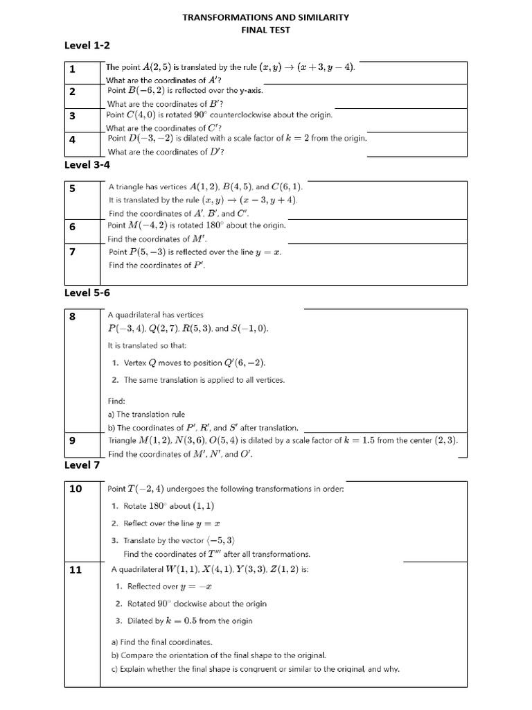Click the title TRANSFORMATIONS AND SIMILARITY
[x=265, y=17]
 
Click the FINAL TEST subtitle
[x=265, y=31]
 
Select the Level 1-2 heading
[x=87, y=46]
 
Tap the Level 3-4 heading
[x=87, y=165]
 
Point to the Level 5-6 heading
[x=87, y=293]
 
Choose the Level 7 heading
[x=82, y=465]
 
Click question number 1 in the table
[x=72, y=69]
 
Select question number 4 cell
[x=72, y=139]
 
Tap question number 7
[x=72, y=252]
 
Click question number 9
[x=72, y=440]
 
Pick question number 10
[x=76, y=490]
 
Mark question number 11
[x=76, y=570]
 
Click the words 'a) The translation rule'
[x=146, y=415]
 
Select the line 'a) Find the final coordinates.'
[x=161, y=642]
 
